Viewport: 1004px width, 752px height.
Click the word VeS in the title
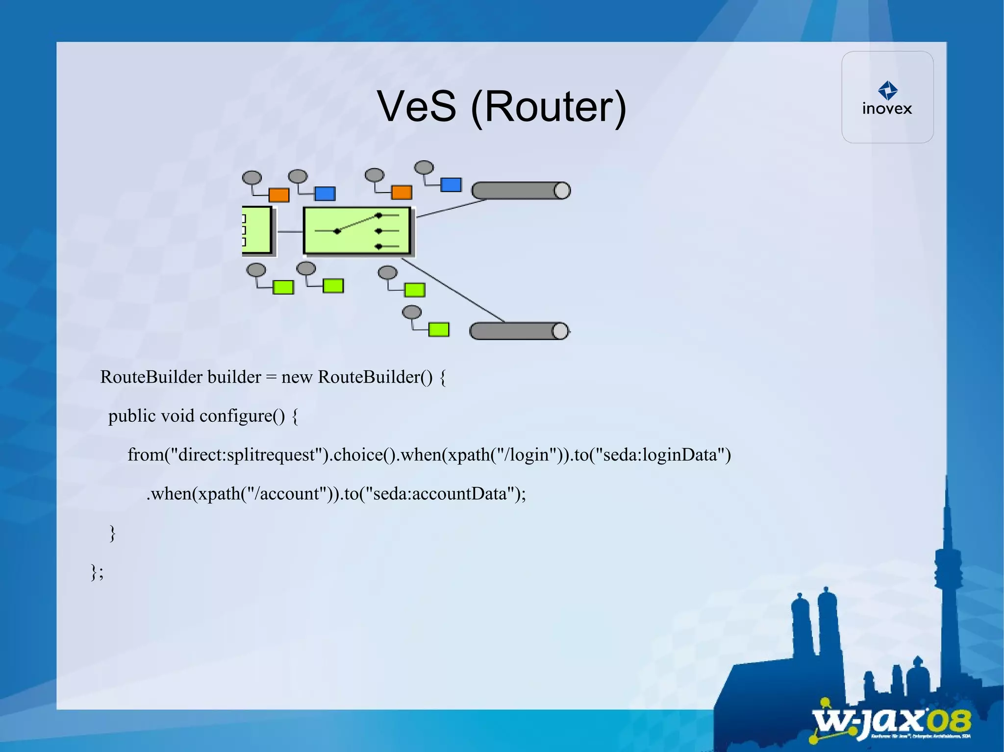coord(416,107)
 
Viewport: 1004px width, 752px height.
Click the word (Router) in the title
coord(548,108)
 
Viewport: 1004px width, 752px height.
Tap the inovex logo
coord(887,98)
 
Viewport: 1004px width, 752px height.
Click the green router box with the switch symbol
coord(357,231)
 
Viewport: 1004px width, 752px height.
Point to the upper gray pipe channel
coord(521,191)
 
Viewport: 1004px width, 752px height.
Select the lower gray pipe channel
coord(519,331)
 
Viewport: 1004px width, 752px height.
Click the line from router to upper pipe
coord(451,208)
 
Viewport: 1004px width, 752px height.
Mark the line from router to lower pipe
coord(453,290)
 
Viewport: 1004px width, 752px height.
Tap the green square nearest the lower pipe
coord(439,330)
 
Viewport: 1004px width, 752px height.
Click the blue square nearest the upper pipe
coord(451,185)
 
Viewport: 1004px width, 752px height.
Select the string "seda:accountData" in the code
coord(439,493)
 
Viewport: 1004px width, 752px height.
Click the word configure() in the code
coord(242,416)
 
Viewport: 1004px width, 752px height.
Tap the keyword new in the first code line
coord(297,377)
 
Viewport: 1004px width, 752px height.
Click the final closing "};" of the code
coord(97,572)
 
